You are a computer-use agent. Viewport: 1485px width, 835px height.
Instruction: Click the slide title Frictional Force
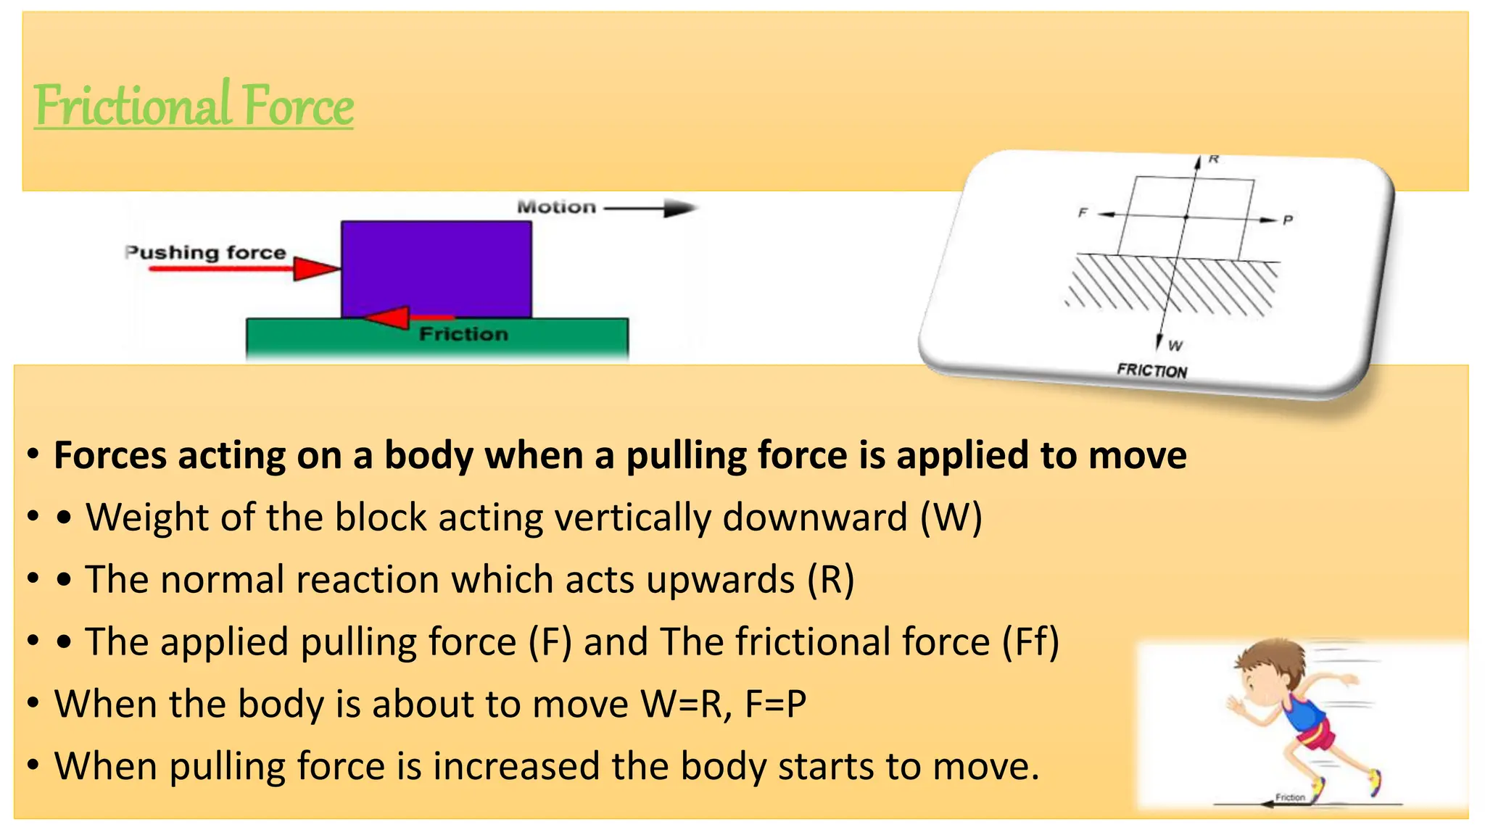point(194,106)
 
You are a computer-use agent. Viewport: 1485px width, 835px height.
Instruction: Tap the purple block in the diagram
point(437,268)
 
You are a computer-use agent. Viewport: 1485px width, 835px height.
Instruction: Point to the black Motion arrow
point(650,209)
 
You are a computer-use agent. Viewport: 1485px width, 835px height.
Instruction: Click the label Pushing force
point(206,252)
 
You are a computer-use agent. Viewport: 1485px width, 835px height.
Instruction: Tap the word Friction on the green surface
point(463,334)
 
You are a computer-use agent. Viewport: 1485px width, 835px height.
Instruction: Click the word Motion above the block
point(556,207)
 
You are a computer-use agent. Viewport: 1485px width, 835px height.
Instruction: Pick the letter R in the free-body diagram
point(1214,159)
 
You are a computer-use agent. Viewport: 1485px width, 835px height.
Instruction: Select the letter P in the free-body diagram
point(1288,220)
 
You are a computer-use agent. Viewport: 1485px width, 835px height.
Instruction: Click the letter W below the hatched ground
point(1175,346)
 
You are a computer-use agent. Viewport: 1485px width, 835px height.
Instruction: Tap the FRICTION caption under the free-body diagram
point(1151,370)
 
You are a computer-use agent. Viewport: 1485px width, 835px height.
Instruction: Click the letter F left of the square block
point(1083,212)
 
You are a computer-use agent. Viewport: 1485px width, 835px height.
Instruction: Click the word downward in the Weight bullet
point(814,518)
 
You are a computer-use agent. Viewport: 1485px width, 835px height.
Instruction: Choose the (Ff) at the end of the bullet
point(1030,642)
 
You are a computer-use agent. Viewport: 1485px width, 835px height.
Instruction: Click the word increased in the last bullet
point(516,766)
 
